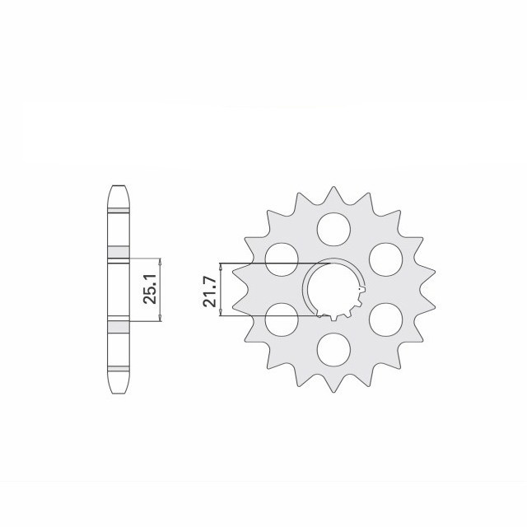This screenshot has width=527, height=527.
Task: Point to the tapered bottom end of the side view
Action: pyautogui.click(x=119, y=382)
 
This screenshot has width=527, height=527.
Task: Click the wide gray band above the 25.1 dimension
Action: pyautogui.click(x=119, y=251)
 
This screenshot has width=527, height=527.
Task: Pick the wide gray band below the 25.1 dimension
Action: pyautogui.click(x=119, y=324)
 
